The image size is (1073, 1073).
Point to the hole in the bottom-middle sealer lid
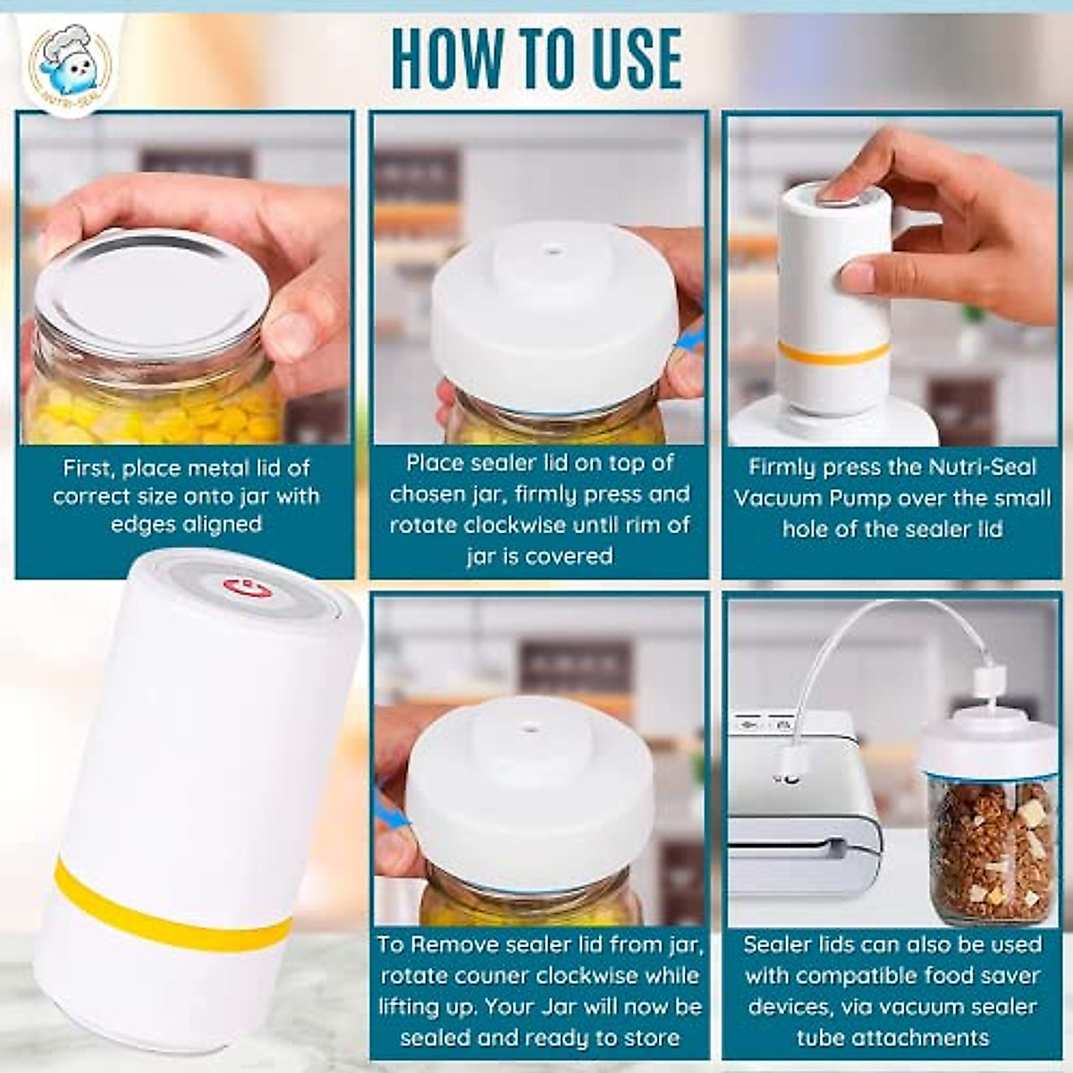pos(533,731)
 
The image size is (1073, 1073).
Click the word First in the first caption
pos(89,469)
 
